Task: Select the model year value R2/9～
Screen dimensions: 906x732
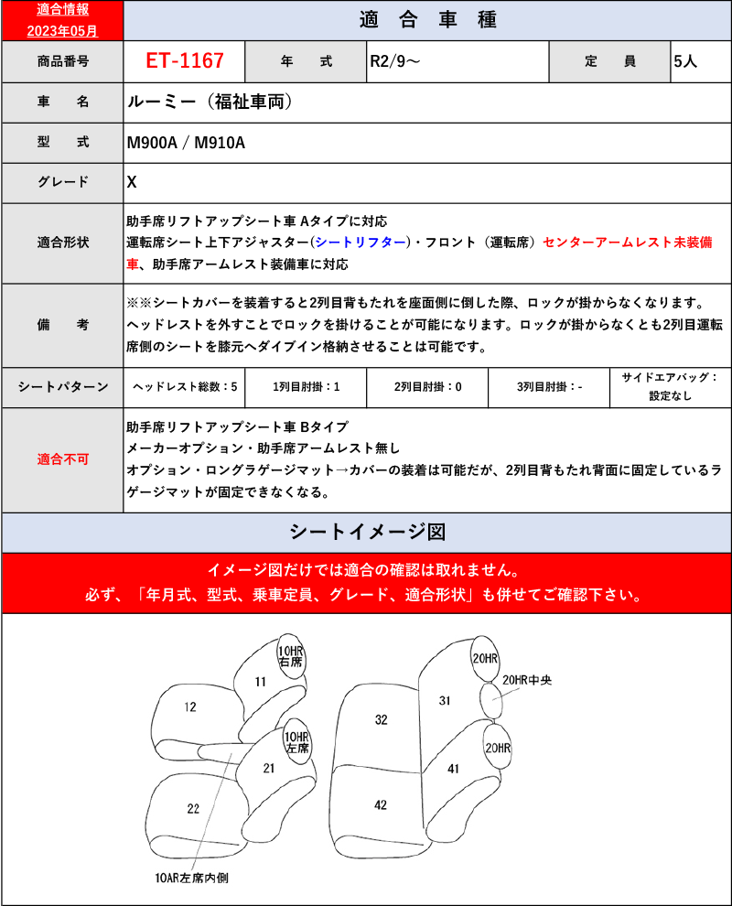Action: (395, 62)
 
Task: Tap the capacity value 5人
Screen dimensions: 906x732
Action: (685, 62)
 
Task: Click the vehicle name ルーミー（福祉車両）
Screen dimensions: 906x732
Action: (210, 102)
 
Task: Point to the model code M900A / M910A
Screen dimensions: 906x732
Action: (186, 143)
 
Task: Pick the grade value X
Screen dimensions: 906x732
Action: (132, 182)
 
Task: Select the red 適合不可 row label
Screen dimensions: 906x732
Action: (62, 459)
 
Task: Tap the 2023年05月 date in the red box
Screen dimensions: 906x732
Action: (62, 29)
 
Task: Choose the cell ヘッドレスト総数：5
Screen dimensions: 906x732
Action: (184, 387)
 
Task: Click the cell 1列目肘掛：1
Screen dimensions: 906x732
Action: (306, 387)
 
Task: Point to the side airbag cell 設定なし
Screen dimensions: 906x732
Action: (671, 396)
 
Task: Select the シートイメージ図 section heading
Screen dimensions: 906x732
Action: (366, 532)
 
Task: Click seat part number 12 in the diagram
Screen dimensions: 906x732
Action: (190, 706)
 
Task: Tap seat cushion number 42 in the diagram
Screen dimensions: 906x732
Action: (381, 804)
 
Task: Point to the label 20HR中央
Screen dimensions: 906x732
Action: (529, 680)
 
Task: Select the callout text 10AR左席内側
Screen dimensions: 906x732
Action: (191, 877)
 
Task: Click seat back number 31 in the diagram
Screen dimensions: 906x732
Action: (445, 700)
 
